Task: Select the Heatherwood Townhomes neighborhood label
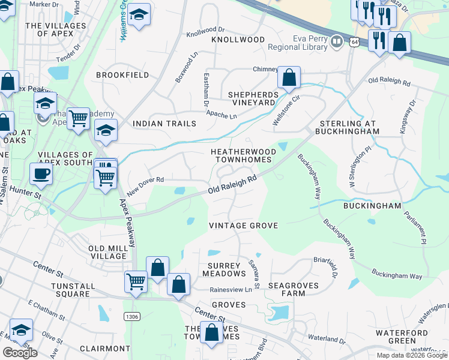(243, 156)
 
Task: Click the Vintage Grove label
(243, 226)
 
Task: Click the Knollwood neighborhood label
(238, 40)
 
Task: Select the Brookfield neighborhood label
(122, 75)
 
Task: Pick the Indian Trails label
(164, 124)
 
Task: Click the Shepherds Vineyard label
(253, 98)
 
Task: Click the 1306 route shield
(131, 316)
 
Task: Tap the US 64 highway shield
(355, 42)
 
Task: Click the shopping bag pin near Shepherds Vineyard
(289, 78)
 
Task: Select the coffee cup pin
(41, 174)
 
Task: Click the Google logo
(20, 353)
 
